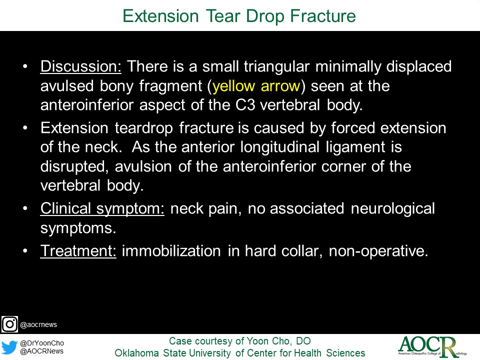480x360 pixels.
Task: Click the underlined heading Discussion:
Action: (x=81, y=66)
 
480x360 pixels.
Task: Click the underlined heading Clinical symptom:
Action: (x=102, y=208)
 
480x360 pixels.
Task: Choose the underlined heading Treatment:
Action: (x=78, y=250)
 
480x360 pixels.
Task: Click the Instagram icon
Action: (x=9, y=324)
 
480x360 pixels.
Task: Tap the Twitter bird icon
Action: (x=9, y=347)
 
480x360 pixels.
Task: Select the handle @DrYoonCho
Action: (x=42, y=343)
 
